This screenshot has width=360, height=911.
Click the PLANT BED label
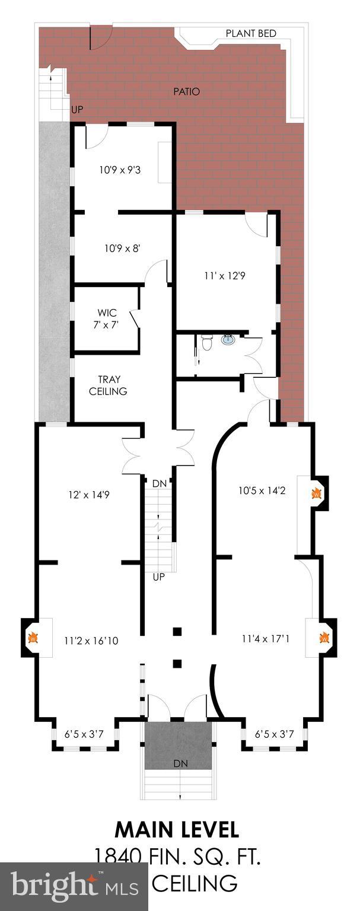251,33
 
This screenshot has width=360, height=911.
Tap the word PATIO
186,92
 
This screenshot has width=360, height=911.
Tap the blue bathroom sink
228,340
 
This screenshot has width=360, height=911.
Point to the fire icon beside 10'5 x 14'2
317,492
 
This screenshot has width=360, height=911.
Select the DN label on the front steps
180,763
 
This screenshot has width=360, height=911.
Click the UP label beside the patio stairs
77,110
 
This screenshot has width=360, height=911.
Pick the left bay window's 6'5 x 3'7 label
84,734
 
